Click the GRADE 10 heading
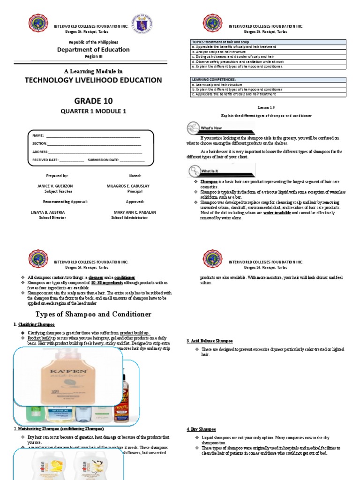coord(93,101)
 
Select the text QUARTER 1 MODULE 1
coord(93,111)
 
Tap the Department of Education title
coord(93,50)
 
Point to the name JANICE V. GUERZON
coord(55,186)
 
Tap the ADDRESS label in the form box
coord(40,152)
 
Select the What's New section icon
coord(193,128)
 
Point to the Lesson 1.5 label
coord(266,107)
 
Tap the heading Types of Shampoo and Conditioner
coord(93,314)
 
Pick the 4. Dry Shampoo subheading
coord(201,429)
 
